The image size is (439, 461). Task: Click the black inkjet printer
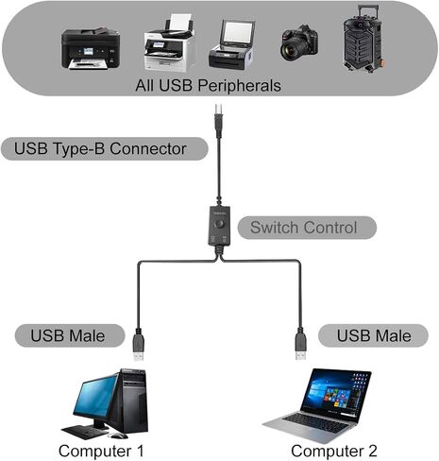click(91, 48)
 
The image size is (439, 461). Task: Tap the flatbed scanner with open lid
click(232, 44)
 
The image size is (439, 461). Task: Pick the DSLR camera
click(299, 43)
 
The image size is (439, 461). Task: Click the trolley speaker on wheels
click(363, 39)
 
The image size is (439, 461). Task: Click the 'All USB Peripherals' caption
click(208, 85)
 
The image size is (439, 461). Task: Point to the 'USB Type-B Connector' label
click(100, 148)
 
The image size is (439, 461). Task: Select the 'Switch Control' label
click(304, 228)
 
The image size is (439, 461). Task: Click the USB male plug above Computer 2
click(301, 344)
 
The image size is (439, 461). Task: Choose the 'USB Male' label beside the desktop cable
click(68, 335)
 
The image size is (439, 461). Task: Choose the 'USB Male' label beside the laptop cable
click(374, 335)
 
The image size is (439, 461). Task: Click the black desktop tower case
click(133, 401)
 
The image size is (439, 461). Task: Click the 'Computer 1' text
click(101, 451)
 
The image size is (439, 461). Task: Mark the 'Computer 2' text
click(334, 451)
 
